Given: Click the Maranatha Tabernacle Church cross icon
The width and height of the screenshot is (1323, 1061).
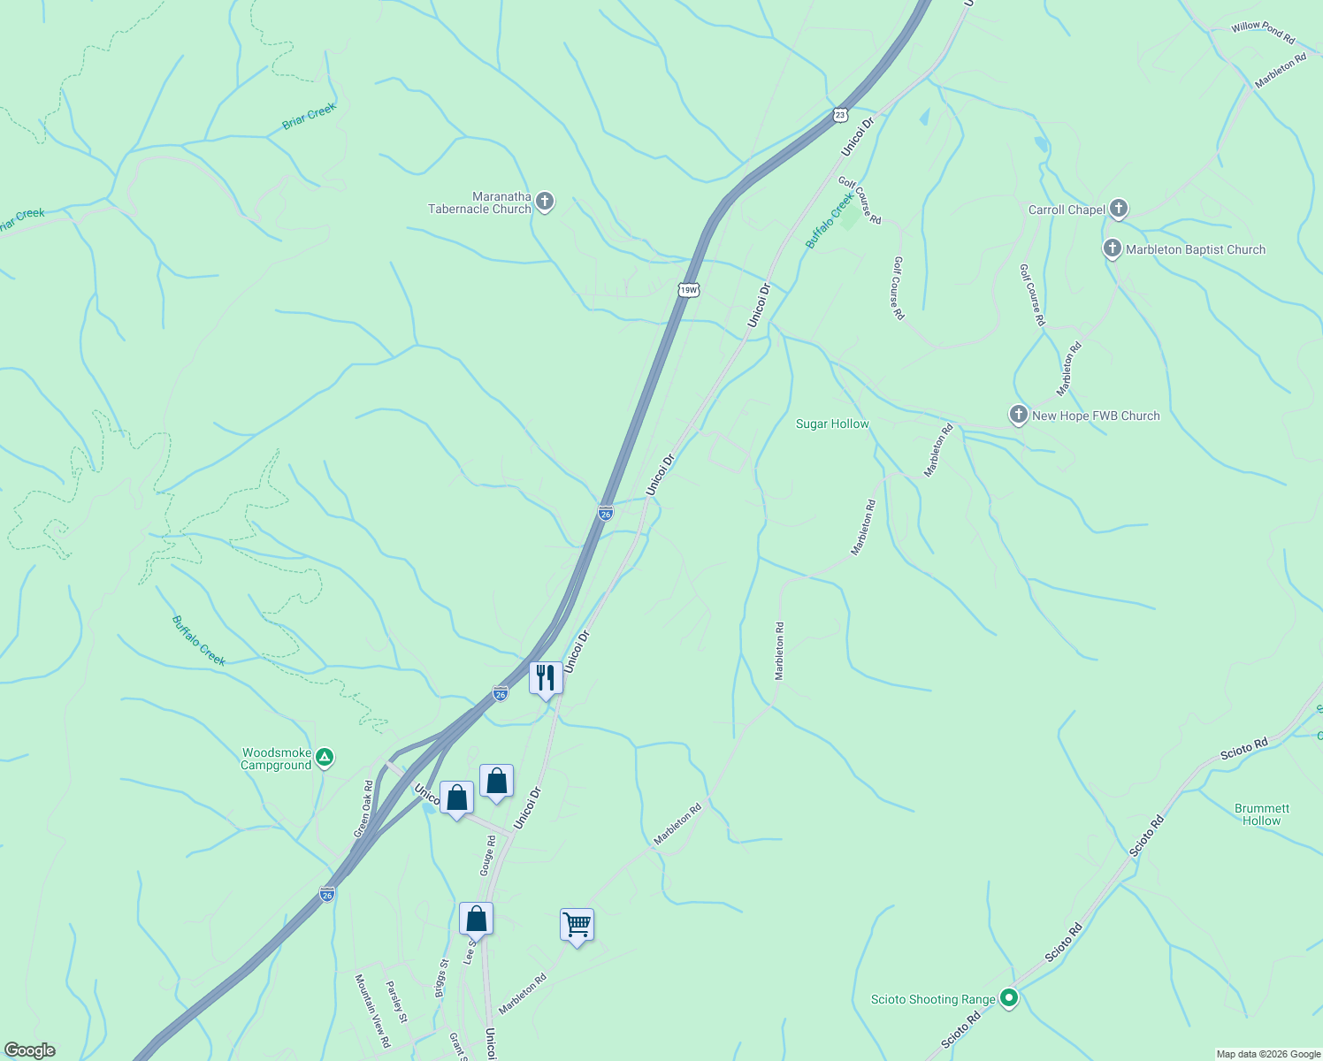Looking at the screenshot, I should pyautogui.click(x=545, y=202).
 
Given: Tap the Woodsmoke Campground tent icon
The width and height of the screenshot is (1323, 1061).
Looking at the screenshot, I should pyautogui.click(x=325, y=757).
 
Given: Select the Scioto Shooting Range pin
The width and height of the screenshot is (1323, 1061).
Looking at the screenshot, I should pyautogui.click(x=1009, y=999).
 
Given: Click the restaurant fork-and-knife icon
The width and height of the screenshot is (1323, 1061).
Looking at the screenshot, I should pyautogui.click(x=546, y=678).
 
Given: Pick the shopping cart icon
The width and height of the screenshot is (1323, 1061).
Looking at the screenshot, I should pyautogui.click(x=577, y=925).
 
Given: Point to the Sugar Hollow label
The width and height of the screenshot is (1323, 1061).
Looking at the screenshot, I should pyautogui.click(x=832, y=424).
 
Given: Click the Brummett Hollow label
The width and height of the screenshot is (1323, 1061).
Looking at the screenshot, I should pyautogui.click(x=1261, y=814).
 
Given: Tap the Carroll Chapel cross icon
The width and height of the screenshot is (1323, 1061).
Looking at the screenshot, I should pyautogui.click(x=1119, y=209).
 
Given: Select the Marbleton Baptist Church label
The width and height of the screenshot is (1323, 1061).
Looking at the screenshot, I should pyautogui.click(x=1195, y=250).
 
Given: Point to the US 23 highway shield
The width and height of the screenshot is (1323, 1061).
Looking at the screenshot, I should pyautogui.click(x=840, y=115).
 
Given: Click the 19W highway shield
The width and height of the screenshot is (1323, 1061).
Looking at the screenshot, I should pyautogui.click(x=689, y=290).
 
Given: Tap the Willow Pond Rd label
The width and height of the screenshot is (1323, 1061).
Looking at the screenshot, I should pyautogui.click(x=1263, y=32).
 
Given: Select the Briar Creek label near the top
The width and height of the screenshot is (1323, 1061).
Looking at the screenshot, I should pyautogui.click(x=310, y=117).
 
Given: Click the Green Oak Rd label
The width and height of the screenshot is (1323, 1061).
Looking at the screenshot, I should pyautogui.click(x=363, y=809).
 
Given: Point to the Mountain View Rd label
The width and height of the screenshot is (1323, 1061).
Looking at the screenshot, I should pyautogui.click(x=371, y=1011).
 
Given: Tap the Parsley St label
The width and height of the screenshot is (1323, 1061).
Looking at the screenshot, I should pyautogui.click(x=396, y=1002).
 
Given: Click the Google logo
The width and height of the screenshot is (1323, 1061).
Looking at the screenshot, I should pyautogui.click(x=29, y=1050).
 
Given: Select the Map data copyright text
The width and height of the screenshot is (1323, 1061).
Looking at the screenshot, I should pyautogui.click(x=1268, y=1054).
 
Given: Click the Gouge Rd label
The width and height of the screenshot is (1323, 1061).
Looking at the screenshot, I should pyautogui.click(x=487, y=855).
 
